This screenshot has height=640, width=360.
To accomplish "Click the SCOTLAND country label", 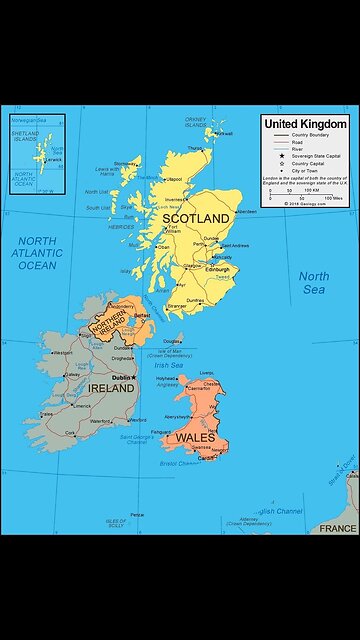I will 204,218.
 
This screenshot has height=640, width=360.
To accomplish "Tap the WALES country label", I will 196,438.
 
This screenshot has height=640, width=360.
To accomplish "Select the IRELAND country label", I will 113,387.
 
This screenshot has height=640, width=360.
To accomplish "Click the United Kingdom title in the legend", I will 305,123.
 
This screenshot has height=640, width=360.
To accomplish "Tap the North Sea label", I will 313,283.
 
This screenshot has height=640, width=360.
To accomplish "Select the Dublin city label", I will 122,378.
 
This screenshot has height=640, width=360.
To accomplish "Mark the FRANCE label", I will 337,528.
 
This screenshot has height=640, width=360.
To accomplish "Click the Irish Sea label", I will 170,366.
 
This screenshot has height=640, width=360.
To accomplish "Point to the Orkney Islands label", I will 196,122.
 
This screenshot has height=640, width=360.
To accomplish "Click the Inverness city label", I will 177,199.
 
